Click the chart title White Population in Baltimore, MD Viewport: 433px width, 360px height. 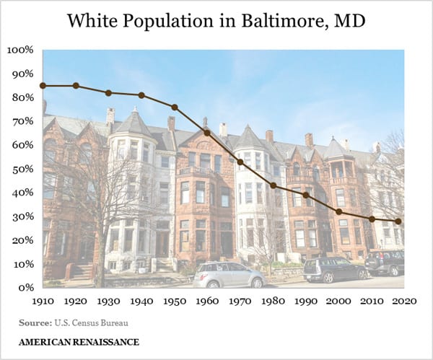(216, 21)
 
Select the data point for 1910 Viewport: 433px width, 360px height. (43, 86)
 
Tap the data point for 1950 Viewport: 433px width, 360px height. (175, 107)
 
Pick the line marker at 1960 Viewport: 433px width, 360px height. (207, 133)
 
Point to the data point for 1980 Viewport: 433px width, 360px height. (274, 185)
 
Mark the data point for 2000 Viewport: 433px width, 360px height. (339, 211)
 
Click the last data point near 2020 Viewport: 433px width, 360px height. (398, 221)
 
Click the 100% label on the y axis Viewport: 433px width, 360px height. (20, 51)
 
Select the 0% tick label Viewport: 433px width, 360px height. (25, 287)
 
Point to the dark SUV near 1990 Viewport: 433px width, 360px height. (334, 269)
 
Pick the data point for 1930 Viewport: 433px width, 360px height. (109, 93)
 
